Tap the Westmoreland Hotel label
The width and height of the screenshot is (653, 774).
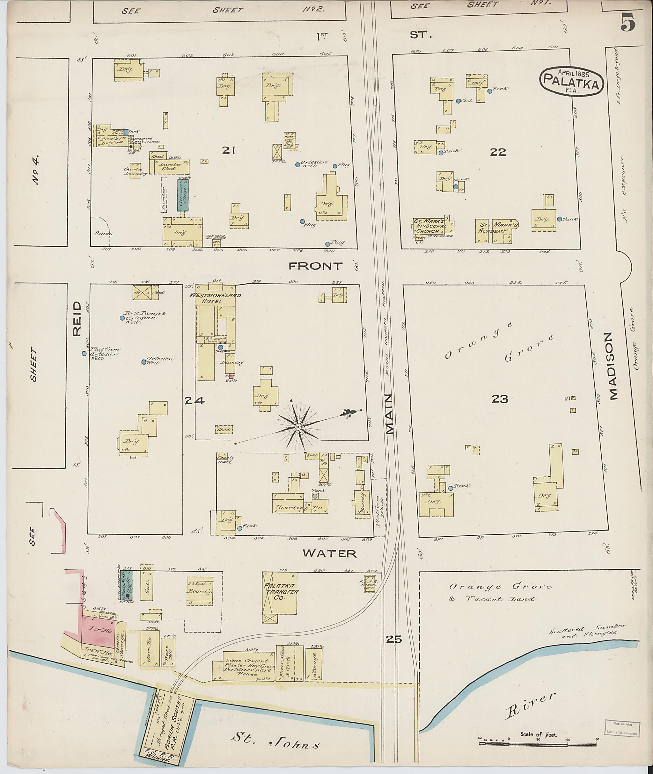tap(215, 298)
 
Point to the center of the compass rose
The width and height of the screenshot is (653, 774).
tap(297, 427)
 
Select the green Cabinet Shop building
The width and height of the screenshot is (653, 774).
tap(182, 195)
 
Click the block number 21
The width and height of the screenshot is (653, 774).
tap(229, 150)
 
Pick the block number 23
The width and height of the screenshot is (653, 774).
tap(499, 399)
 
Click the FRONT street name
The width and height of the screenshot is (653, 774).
tap(315, 266)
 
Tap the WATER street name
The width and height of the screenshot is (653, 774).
tap(329, 553)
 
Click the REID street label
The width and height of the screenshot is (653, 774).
tap(77, 318)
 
